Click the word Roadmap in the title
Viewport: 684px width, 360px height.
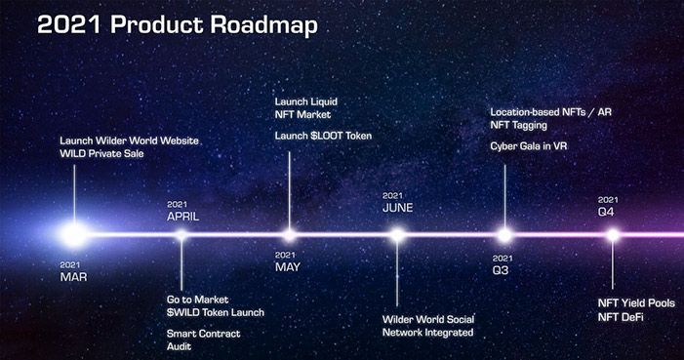[263, 24]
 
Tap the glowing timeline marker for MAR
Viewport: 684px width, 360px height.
[74, 234]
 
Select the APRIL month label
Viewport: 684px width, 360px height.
[183, 216]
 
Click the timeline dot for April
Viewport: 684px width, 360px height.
[181, 234]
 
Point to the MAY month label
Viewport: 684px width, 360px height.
[288, 266]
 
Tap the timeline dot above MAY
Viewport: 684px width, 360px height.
[289, 234]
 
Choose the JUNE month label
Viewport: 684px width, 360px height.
[397, 208]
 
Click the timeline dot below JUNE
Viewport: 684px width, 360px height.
[397, 234]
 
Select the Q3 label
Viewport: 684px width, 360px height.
[502, 269]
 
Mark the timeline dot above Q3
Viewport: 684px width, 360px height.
[504, 234]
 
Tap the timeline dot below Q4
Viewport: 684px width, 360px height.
[613, 234]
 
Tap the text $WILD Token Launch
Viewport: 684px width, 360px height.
[215, 312]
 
